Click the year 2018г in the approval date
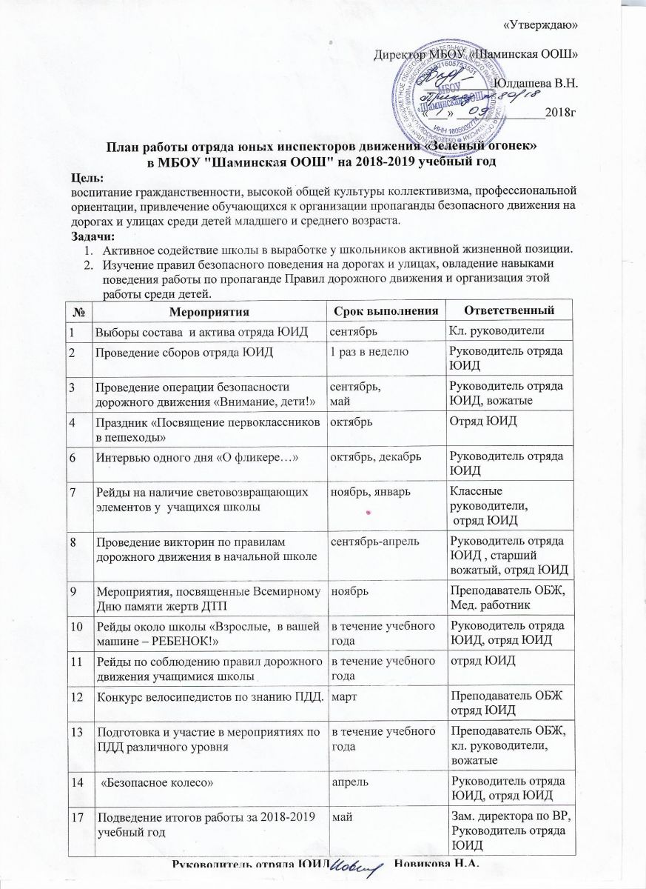[x=559, y=113]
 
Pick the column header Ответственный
[x=509, y=307]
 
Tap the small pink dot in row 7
[x=368, y=513]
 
